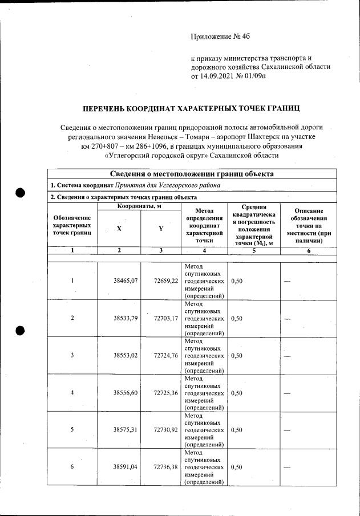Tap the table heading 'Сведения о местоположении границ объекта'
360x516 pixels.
192,174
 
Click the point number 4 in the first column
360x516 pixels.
72,393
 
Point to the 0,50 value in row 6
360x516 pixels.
237,467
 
